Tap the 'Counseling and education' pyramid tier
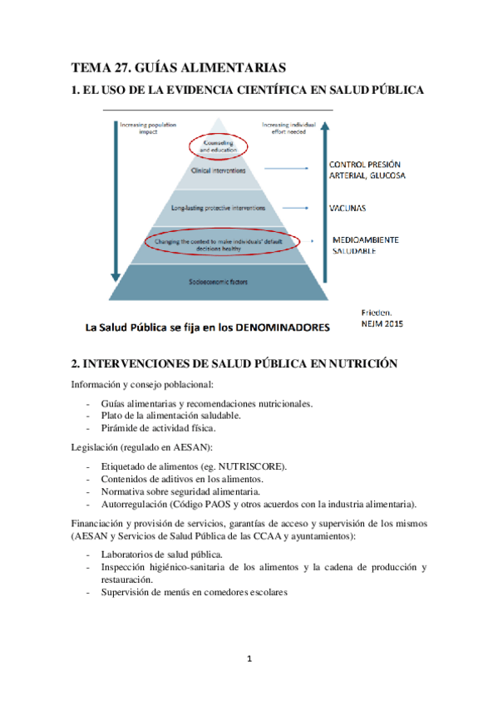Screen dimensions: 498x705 click(219, 146)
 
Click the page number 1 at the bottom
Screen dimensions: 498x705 click(249, 659)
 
